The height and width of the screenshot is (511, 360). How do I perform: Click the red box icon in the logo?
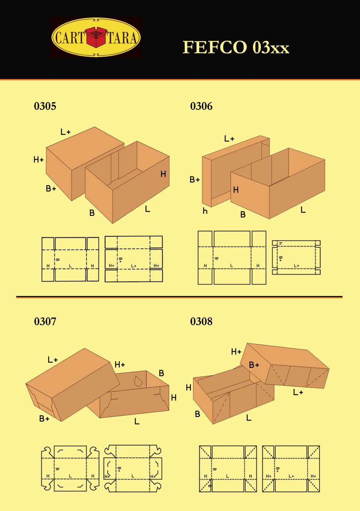pos(96,37)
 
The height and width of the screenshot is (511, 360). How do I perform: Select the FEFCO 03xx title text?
pos(236,47)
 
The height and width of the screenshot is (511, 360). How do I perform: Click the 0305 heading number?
pos(45,106)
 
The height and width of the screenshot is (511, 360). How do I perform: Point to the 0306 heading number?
pos(201,106)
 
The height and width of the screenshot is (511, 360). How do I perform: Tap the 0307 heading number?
pos(45,322)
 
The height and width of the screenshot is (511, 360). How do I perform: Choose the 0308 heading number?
pos(201,322)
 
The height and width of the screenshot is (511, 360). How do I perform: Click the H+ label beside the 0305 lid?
pos(39,160)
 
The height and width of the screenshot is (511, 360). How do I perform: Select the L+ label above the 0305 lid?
pos(65,132)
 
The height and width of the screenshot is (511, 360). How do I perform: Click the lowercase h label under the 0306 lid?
pos(205,211)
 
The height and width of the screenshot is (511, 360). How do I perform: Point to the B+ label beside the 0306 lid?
pos(195,180)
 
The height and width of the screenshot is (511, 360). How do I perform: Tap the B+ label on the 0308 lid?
pos(254,365)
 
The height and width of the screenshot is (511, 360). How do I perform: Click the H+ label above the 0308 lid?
pos(236,352)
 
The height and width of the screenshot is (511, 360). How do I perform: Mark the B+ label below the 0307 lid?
pos(44,419)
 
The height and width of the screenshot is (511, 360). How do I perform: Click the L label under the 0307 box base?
pos(137,422)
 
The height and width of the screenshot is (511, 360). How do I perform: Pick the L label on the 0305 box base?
pos(147,209)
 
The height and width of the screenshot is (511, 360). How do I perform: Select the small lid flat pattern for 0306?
pos(296,257)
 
